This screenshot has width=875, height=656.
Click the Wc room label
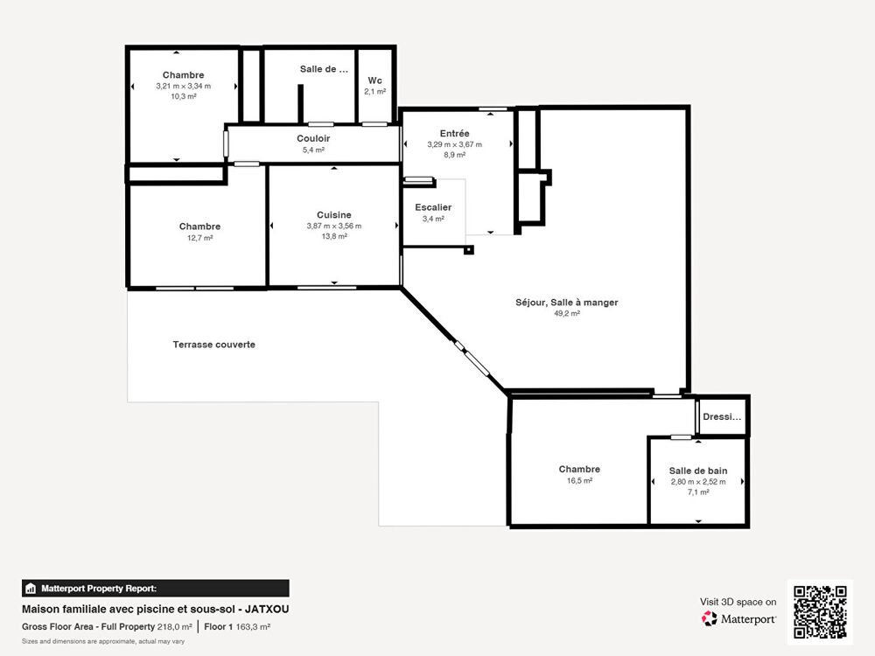374,80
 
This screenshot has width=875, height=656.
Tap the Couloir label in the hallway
312,138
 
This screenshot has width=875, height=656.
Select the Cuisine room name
333,214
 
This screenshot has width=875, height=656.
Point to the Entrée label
454,133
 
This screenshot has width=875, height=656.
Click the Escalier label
432,207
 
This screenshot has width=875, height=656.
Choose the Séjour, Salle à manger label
566,303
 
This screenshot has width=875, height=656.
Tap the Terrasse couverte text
213,345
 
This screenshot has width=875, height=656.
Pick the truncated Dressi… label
722,417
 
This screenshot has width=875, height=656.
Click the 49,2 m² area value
566,313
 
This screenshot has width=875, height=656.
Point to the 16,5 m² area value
579,480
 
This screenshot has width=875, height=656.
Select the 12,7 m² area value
199,237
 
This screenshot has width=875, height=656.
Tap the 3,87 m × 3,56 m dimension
333,226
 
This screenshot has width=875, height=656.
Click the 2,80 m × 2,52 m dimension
697,481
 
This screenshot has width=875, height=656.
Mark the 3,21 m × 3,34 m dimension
183,87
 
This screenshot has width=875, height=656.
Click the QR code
820,612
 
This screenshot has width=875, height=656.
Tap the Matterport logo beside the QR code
739,619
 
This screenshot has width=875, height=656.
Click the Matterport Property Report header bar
155,588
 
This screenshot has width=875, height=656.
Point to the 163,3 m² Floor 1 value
253,627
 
